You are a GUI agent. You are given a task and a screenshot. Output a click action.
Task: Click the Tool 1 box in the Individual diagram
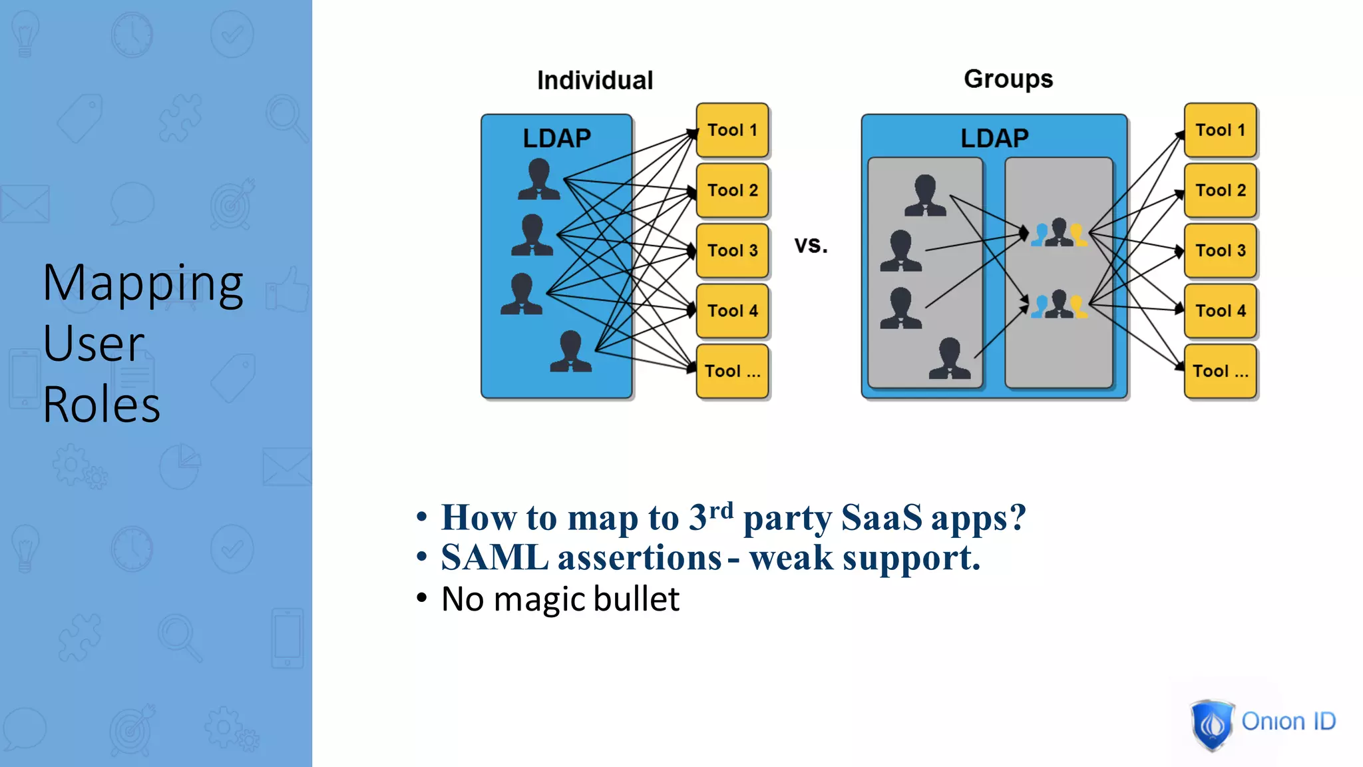pos(732,130)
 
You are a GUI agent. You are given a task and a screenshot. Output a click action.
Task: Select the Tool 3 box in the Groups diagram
pos(1220,251)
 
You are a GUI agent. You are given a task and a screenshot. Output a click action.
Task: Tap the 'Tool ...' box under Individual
pos(732,372)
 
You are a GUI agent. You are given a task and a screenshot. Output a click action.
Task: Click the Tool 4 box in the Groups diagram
pos(1220,311)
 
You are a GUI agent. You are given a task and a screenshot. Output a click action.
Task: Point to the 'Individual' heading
pos(595,81)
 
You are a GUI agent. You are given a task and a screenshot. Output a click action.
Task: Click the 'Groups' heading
pos(1008,79)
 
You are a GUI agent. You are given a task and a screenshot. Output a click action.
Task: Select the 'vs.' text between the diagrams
pos(811,245)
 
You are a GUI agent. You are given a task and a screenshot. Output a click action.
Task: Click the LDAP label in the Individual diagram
pos(556,138)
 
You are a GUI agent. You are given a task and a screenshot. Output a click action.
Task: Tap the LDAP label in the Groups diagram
pos(994,138)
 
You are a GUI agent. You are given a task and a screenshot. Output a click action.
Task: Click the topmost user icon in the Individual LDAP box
pos(538,179)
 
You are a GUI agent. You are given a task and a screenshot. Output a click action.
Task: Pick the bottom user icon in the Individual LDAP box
pos(570,351)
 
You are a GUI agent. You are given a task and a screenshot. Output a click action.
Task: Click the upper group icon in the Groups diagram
pos(1059,233)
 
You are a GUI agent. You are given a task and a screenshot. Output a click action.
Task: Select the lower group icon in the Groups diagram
pos(1059,305)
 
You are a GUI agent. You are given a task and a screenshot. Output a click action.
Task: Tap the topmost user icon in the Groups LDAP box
pos(925,195)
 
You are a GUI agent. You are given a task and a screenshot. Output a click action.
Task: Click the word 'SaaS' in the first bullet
pos(881,518)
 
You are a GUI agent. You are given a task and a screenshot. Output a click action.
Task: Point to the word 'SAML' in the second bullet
pos(494,558)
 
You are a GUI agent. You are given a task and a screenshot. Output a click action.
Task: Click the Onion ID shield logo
pos(1211,724)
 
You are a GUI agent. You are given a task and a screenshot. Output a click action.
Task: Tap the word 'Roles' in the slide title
pos(101,405)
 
